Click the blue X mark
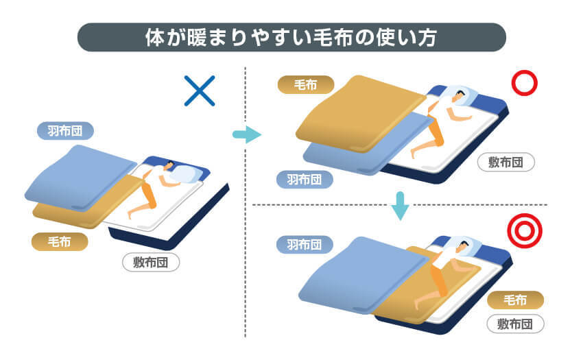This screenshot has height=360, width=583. click(x=200, y=91)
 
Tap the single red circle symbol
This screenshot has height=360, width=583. click(x=525, y=73)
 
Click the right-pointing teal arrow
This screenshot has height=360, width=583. click(x=247, y=134)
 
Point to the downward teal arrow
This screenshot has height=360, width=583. click(x=400, y=206)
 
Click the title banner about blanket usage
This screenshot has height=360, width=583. click(x=291, y=37)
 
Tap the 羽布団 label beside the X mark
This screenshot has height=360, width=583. click(x=65, y=131)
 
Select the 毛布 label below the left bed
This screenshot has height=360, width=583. click(x=60, y=242)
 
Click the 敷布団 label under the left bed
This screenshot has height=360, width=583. click(x=151, y=263)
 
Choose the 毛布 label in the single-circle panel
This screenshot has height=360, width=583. click(x=306, y=85)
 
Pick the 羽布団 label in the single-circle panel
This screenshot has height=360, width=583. click(x=305, y=180)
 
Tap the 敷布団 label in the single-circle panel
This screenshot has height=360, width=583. click(x=505, y=162)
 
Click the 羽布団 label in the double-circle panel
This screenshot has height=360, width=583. click(x=305, y=245)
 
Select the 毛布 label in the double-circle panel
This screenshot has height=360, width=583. click(x=515, y=300)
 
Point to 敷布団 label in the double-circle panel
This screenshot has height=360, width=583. click(x=515, y=324)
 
